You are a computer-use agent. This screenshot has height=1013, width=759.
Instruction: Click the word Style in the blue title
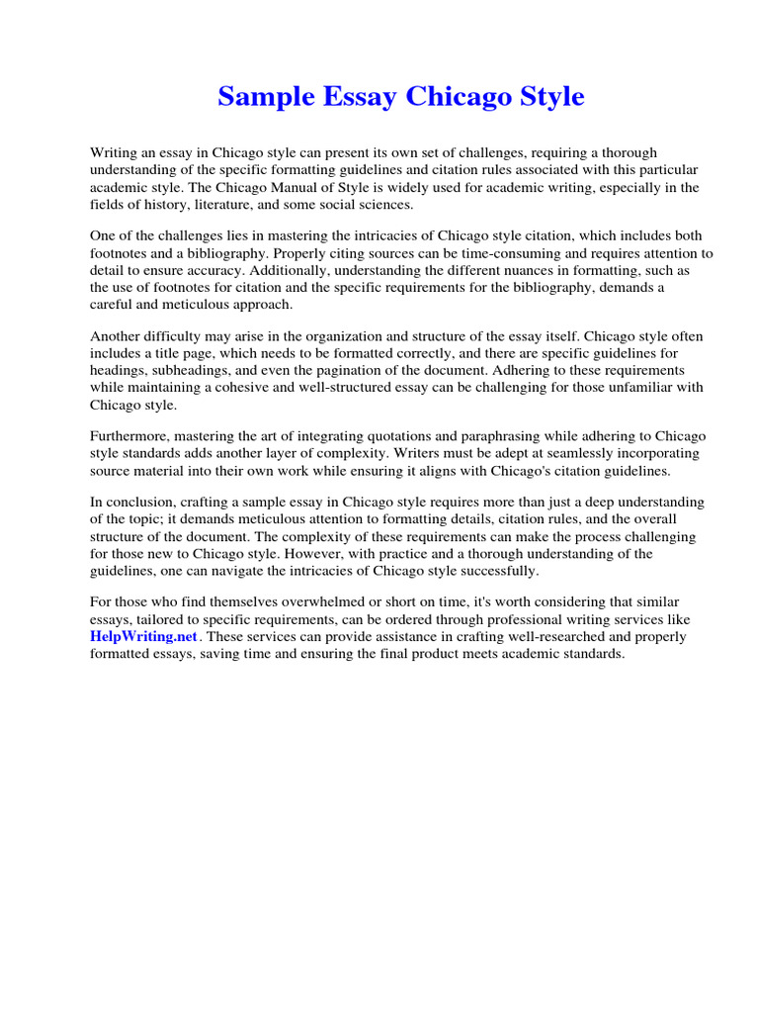[x=548, y=97]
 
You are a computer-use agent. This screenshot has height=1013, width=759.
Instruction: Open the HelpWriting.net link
[x=144, y=637]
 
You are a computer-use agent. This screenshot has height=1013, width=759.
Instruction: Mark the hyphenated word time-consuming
[x=476, y=253]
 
